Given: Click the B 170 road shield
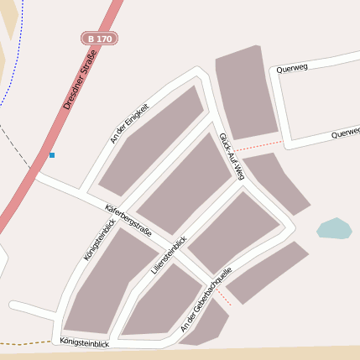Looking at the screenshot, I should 99,39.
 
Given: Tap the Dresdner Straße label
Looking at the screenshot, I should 81,81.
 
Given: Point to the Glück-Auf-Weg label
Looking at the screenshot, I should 231,155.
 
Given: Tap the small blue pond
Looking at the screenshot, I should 333,228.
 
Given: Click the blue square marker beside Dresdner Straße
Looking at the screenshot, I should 51,155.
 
